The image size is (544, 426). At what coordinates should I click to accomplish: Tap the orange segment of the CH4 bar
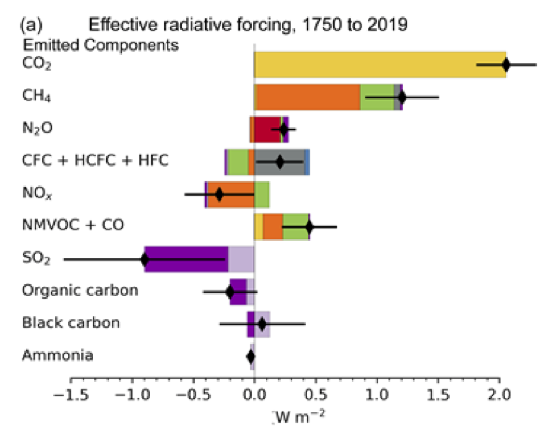(x=307, y=97)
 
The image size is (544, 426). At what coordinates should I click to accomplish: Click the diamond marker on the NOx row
(x=219, y=195)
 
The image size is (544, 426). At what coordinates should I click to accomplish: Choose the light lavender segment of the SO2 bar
(x=241, y=259)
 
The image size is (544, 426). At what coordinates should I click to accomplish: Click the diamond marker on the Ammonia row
(x=250, y=357)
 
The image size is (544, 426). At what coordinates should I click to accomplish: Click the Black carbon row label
(x=71, y=323)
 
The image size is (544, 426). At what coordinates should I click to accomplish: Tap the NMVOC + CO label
(x=73, y=226)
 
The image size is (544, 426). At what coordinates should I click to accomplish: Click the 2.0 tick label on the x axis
(x=500, y=395)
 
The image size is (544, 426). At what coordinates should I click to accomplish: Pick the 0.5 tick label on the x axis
(x=316, y=395)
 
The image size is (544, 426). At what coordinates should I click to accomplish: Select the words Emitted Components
(x=100, y=44)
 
